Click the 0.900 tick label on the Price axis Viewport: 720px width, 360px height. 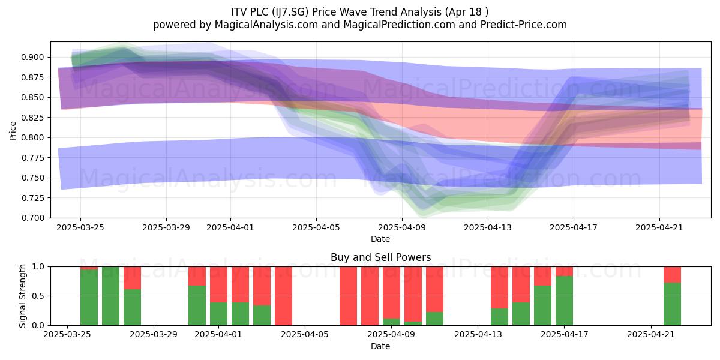pyautogui.click(x=32, y=58)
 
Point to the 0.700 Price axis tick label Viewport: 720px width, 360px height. pyautogui.click(x=32, y=218)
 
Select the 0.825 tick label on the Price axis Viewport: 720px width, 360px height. pyautogui.click(x=32, y=118)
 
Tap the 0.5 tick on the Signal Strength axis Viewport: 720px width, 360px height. pyautogui.click(x=40, y=296)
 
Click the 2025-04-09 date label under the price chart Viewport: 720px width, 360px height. pyautogui.click(x=402, y=227)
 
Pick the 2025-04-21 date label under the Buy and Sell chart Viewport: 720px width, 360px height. pyautogui.click(x=651, y=335)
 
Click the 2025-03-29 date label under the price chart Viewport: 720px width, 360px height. pyautogui.click(x=166, y=227)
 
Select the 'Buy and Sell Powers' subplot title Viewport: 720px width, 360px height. pyautogui.click(x=380, y=257)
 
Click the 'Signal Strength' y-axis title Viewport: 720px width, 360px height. pyautogui.click(x=22, y=296)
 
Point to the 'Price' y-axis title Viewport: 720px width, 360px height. pyautogui.click(x=13, y=131)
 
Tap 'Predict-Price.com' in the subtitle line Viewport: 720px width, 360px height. pyautogui.click(x=524, y=25)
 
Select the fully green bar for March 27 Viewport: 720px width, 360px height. pyautogui.click(x=110, y=296)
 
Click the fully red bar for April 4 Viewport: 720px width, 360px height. pyautogui.click(x=283, y=296)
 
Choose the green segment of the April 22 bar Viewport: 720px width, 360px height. pyautogui.click(x=673, y=304)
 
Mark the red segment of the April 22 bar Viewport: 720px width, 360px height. pyautogui.click(x=673, y=275)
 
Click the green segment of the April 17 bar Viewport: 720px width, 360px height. pyautogui.click(x=565, y=301)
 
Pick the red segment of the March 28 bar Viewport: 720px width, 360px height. pyautogui.click(x=132, y=278)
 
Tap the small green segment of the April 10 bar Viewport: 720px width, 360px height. pyautogui.click(x=413, y=323)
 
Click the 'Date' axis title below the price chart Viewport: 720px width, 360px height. pyautogui.click(x=380, y=239)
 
